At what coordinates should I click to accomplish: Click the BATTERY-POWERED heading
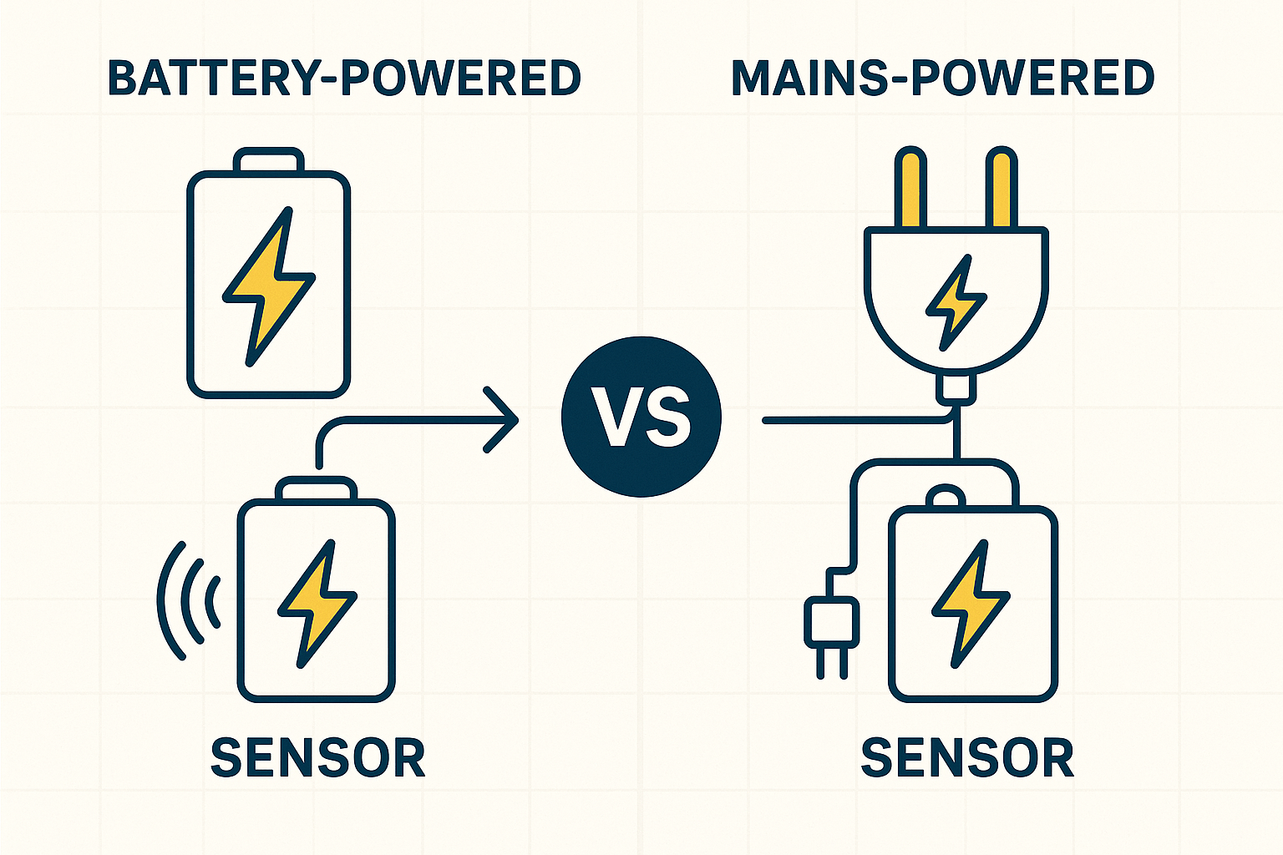point(344,78)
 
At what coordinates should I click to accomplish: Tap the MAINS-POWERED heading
point(942,78)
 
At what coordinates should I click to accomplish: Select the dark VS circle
point(641,417)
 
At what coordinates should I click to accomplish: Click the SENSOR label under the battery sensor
point(318,757)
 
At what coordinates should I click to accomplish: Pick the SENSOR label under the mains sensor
point(967,757)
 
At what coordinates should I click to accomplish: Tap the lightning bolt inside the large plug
point(956,301)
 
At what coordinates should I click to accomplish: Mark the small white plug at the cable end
point(831,622)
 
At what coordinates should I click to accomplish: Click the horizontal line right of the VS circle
point(852,420)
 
